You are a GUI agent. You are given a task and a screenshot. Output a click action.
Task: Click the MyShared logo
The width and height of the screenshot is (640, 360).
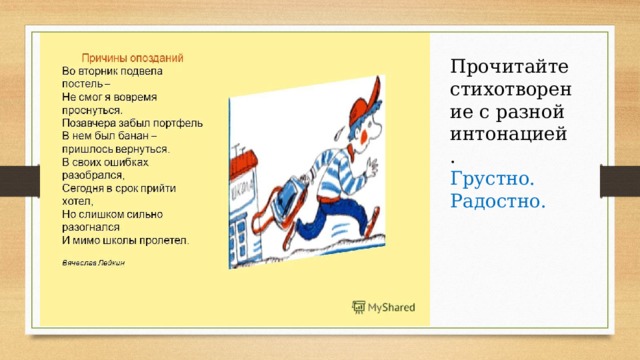(x=384, y=308)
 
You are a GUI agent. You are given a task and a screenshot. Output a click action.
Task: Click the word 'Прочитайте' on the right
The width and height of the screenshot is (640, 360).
(x=510, y=67)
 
